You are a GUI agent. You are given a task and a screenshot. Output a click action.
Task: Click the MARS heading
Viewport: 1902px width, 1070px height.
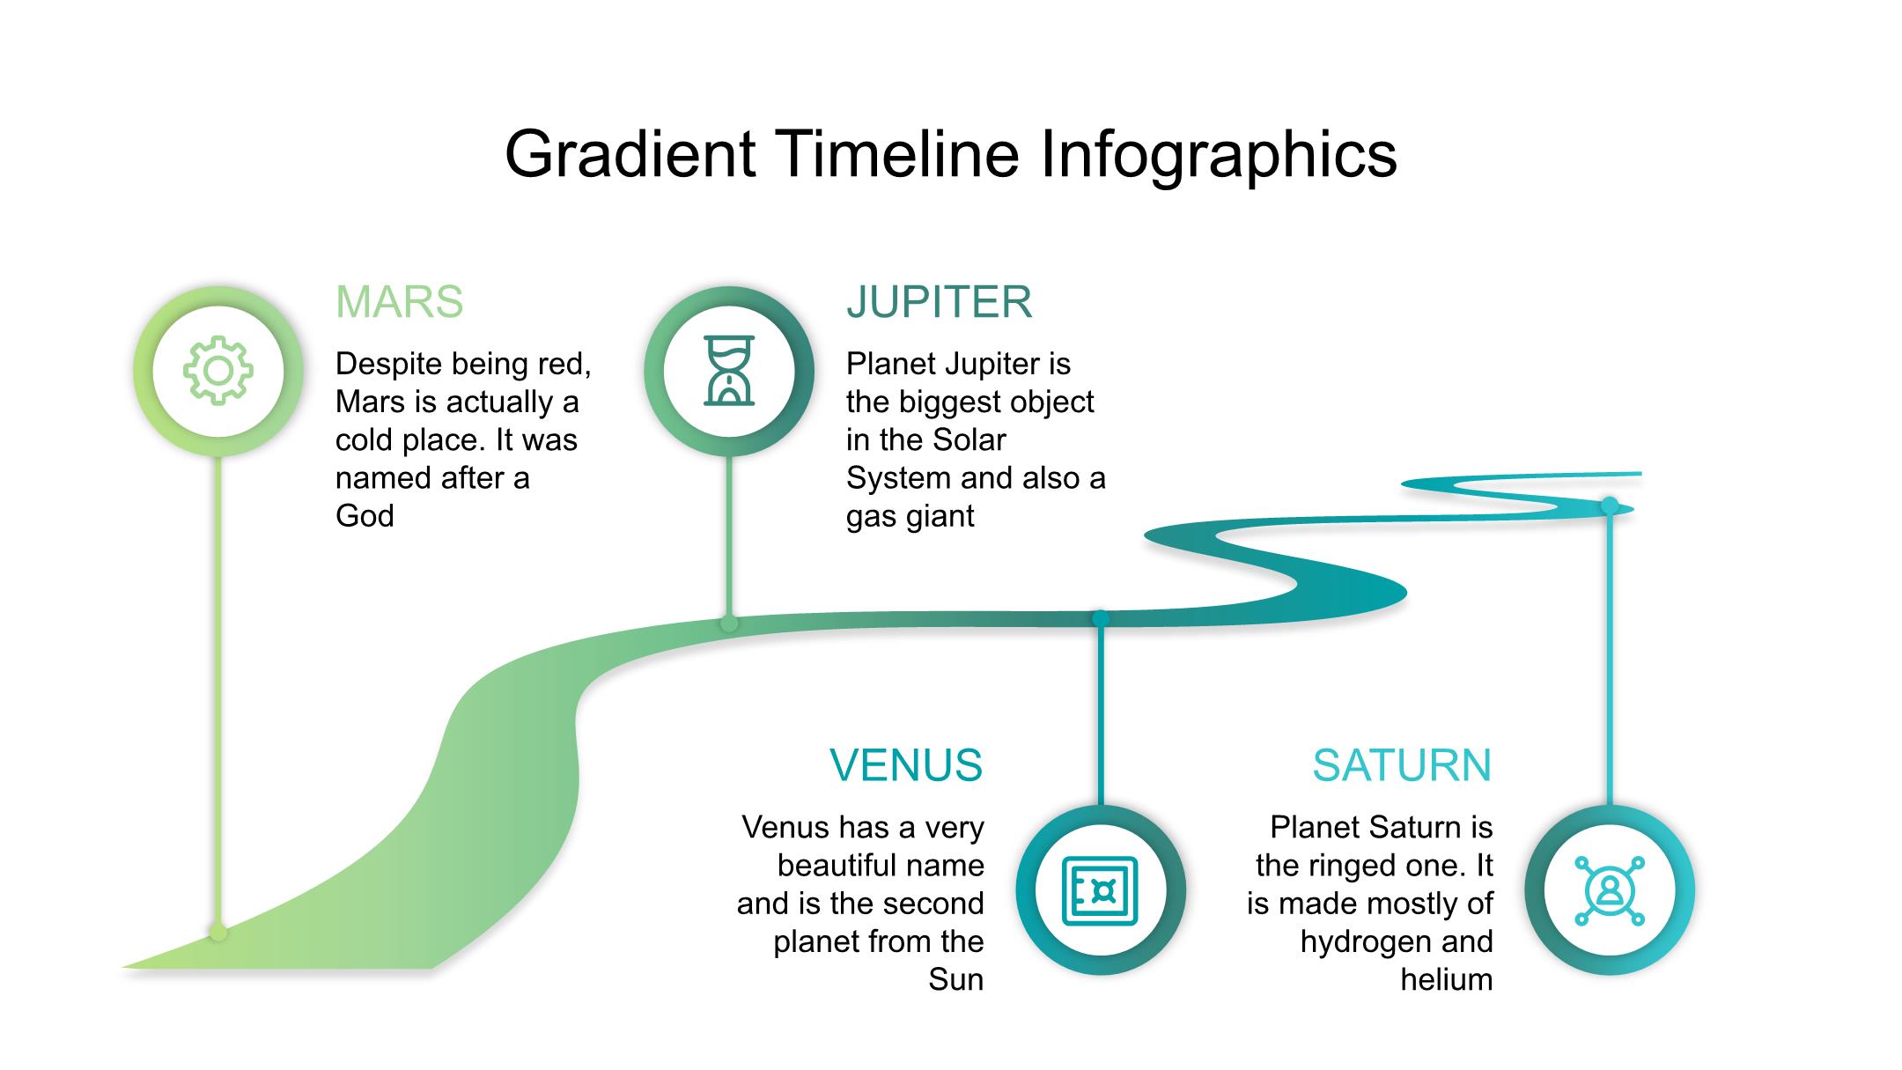pos(399,302)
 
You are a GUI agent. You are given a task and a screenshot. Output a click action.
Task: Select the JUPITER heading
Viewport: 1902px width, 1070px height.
pos(939,302)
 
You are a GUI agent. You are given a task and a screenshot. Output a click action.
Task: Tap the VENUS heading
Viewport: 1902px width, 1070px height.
pos(906,765)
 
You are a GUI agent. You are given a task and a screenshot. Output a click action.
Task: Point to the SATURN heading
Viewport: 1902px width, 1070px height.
pos(1402,765)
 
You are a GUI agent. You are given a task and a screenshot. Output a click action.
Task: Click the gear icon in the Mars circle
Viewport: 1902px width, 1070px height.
pos(218,371)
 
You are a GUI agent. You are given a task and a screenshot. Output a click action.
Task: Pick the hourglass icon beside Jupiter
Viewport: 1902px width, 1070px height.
pos(729,371)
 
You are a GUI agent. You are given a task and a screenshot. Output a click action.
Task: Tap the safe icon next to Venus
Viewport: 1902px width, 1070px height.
pos(1101,891)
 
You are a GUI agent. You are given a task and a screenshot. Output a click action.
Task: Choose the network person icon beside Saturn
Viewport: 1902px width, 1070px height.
pos(1610,891)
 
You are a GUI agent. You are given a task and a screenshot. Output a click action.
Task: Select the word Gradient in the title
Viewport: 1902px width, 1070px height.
pos(630,154)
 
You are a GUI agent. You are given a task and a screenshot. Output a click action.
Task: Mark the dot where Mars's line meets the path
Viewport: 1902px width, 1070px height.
pos(218,932)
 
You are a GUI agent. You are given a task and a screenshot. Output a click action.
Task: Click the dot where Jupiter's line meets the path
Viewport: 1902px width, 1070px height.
pos(729,624)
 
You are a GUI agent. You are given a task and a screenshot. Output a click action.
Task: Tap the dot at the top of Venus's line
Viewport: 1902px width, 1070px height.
pos(1101,618)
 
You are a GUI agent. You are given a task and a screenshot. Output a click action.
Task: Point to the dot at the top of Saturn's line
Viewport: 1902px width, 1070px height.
pos(1610,505)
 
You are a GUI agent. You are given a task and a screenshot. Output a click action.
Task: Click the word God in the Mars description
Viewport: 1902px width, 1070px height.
pos(365,516)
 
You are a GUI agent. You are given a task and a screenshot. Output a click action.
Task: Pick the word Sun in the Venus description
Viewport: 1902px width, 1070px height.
pos(955,980)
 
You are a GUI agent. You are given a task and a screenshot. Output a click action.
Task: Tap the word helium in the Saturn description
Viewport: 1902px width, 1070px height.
pos(1447,980)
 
